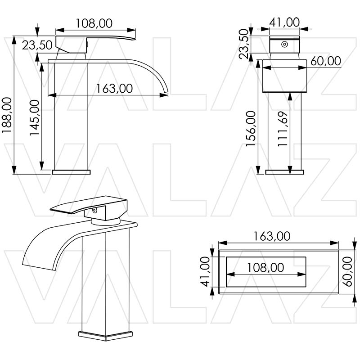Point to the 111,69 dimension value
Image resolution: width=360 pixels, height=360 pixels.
pyautogui.click(x=283, y=129)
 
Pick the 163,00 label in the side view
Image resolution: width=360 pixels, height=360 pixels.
pyautogui.click(x=114, y=88)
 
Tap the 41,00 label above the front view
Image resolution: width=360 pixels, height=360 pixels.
pyautogui.click(x=284, y=22)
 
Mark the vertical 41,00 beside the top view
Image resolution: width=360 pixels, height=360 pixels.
pyautogui.click(x=205, y=272)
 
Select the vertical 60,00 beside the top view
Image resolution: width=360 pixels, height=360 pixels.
pyautogui.click(x=348, y=272)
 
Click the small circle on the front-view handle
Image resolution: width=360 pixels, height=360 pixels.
pyautogui.click(x=284, y=45)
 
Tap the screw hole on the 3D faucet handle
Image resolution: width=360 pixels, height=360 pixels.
pyautogui.click(x=95, y=210)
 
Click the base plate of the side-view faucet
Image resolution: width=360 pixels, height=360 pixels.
pyautogui.click(x=72, y=171)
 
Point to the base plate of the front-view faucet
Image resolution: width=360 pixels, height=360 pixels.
pyautogui.click(x=284, y=171)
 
